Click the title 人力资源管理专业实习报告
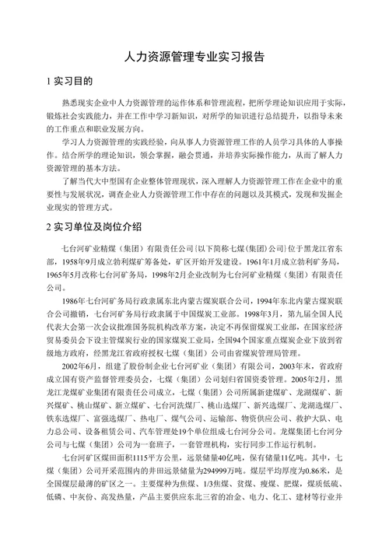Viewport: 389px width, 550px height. click(194, 57)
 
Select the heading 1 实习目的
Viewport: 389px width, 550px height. click(71, 81)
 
